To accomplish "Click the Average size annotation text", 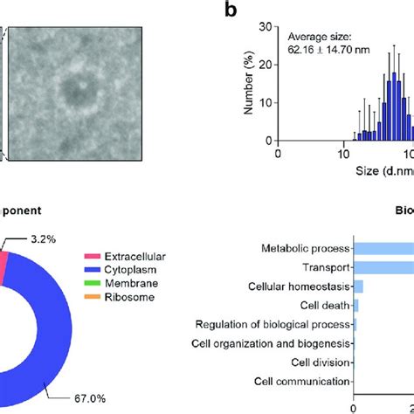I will point(321,38).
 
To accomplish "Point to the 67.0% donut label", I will point(87,397).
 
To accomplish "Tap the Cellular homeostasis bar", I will point(358,286).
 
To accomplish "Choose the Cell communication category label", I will point(301,382).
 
